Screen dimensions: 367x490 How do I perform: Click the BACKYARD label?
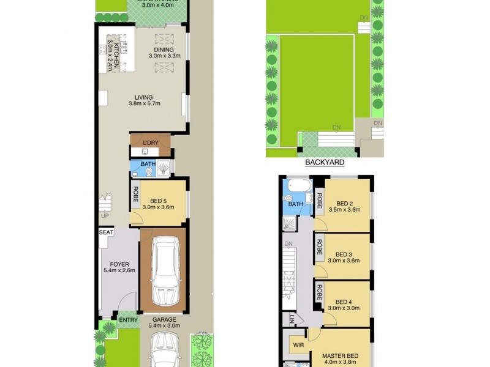click(x=325, y=163)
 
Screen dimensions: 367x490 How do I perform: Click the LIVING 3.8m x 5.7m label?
click(x=140, y=100)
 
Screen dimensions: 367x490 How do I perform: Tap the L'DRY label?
click(x=150, y=144)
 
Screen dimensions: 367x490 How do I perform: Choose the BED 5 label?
click(x=159, y=200)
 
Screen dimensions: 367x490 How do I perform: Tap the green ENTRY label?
click(x=129, y=319)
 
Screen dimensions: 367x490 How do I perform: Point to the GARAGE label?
click(x=164, y=319)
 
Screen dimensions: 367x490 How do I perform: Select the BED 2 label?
click(x=344, y=204)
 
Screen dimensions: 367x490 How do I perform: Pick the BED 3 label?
click(x=344, y=254)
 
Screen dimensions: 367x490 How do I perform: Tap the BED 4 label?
click(x=344, y=301)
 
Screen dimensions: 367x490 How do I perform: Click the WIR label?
click(x=298, y=345)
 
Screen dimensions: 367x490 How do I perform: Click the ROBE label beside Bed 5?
click(x=135, y=199)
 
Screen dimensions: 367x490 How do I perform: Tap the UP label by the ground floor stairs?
click(x=105, y=216)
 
